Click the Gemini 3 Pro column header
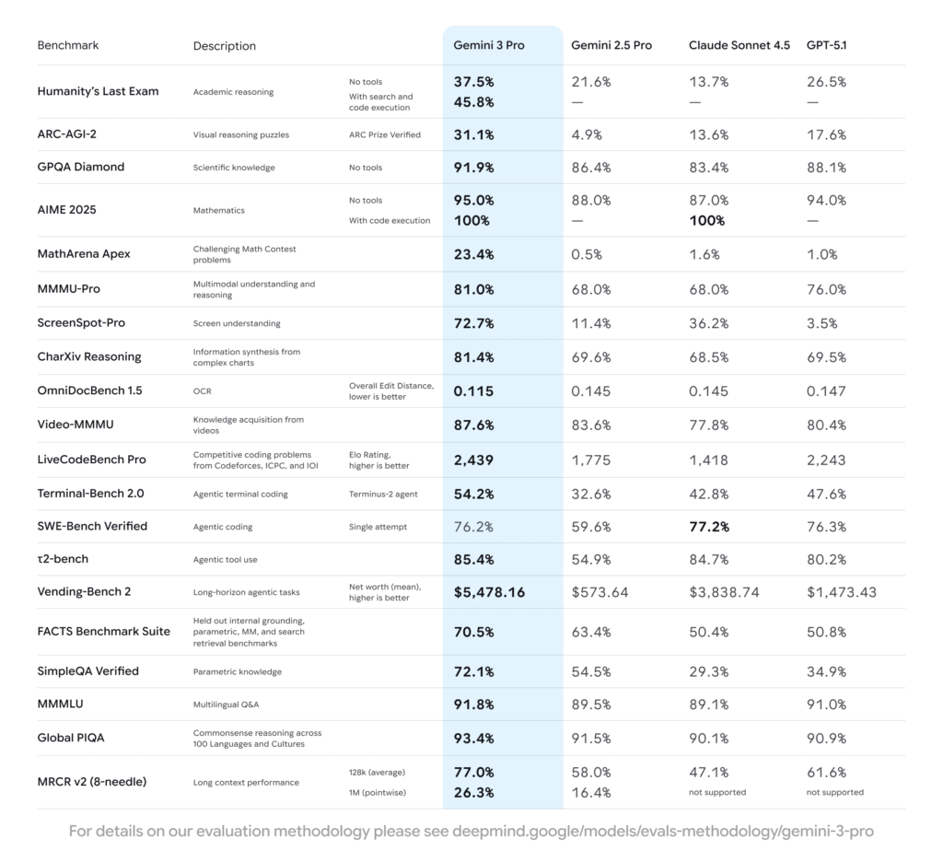pos(488,45)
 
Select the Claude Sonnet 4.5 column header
pos(739,45)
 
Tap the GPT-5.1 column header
pos(826,45)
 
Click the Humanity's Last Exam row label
pos(98,91)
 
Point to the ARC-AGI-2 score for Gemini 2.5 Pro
pos(587,134)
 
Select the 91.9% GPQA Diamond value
pos(473,167)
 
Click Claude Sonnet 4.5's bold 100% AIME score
pos(707,221)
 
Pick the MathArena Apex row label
pos(84,254)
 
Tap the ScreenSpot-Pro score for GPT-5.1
pos(822,323)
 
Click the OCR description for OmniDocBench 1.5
pos(202,391)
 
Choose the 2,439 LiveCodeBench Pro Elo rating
pos(473,460)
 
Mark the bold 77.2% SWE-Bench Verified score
pos(708,527)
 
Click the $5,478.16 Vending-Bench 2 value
pos(489,592)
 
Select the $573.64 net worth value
pos(600,592)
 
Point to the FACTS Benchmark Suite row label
pos(103,632)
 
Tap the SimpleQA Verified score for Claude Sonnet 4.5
pos(708,671)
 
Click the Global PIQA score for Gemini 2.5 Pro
pos(590,739)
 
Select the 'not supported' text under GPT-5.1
pos(834,792)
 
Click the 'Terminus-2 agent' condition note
pos(383,495)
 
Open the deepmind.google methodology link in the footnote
pos(662,832)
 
